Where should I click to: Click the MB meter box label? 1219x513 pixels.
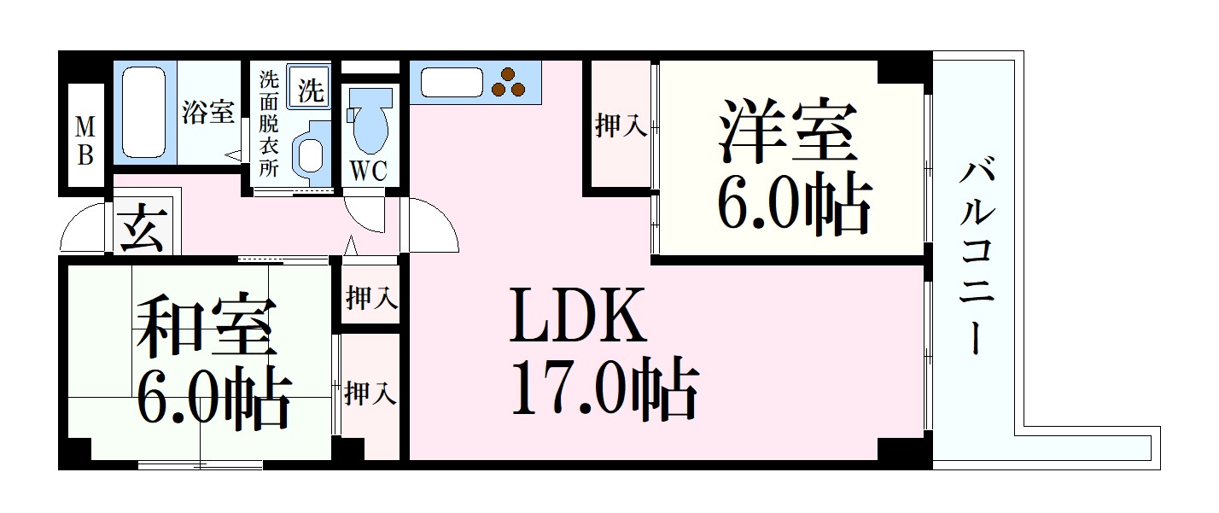click(x=85, y=141)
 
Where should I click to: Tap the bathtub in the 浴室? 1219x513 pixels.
click(x=143, y=113)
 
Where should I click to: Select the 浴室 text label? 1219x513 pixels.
click(x=208, y=112)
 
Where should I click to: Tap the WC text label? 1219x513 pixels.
click(x=368, y=171)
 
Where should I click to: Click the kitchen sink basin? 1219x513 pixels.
click(x=452, y=83)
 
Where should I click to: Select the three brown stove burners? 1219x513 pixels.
click(x=508, y=83)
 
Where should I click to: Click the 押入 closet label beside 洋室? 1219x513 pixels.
click(x=621, y=125)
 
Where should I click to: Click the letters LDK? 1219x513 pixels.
click(x=579, y=316)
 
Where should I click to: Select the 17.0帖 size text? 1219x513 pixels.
click(x=604, y=389)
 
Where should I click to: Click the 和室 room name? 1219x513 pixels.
click(x=203, y=325)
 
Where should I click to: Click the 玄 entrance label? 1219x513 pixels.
click(x=143, y=228)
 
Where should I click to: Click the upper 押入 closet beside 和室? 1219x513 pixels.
click(x=371, y=298)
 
